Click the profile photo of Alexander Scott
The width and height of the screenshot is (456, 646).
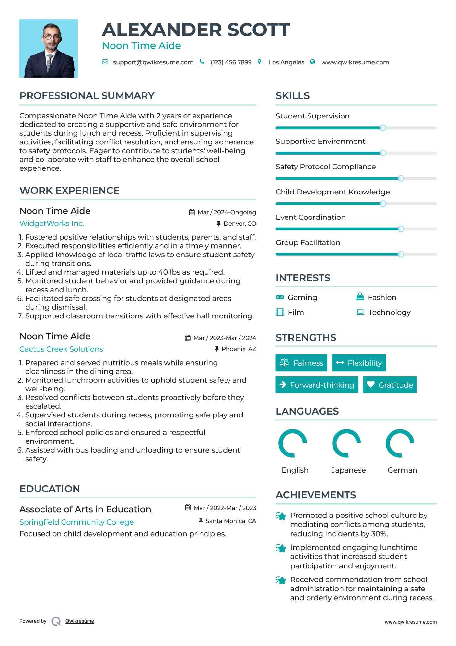(49, 48)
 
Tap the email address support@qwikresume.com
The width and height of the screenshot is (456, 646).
(153, 62)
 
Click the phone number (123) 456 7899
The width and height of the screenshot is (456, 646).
(231, 62)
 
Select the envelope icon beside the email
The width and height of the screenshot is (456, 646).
(105, 62)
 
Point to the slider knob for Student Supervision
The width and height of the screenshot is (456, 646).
(383, 128)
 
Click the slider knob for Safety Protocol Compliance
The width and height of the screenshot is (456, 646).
(401, 179)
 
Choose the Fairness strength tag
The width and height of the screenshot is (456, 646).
(301, 363)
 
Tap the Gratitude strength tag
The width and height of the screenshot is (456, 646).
(390, 385)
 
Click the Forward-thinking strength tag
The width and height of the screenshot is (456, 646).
(317, 385)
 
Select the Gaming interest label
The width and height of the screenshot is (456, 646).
(302, 297)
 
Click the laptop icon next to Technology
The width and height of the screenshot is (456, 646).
(360, 312)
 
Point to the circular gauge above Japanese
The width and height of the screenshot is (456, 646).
(346, 443)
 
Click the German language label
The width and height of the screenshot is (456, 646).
(402, 470)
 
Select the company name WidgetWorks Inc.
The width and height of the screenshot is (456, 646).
(52, 223)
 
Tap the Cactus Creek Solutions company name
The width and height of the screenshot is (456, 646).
(61, 349)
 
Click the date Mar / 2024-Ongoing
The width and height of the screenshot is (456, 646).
(227, 212)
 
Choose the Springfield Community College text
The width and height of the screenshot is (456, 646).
(76, 522)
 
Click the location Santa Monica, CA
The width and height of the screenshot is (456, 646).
(231, 521)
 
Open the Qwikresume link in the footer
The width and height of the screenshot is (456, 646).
(80, 621)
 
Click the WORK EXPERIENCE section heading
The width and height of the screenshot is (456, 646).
(70, 191)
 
